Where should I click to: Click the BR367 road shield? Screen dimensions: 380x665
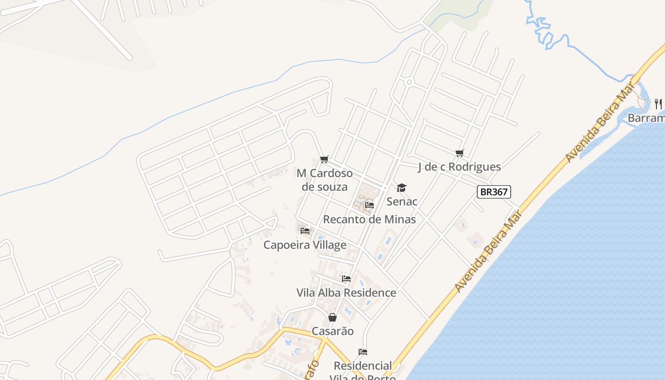pos(494,192)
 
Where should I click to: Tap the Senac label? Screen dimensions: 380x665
pos(402,201)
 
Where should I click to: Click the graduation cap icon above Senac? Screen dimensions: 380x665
pos(402,188)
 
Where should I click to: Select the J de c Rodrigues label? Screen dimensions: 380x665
pos(459,167)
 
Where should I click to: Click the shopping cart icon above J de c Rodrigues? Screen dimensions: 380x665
pos(459,153)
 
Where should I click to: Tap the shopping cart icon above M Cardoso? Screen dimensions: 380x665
pos(324,159)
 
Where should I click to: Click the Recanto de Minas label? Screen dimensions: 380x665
pos(370,219)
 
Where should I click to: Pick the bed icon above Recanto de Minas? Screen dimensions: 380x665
pos(370,205)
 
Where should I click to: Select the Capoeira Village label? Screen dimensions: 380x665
pos(305,245)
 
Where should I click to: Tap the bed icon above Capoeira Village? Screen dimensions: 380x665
pos(305,231)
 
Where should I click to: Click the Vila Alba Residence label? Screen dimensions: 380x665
pos(346,293)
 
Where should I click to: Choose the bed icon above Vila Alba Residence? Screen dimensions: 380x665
pos(346,279)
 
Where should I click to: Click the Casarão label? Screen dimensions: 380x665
pos(332,331)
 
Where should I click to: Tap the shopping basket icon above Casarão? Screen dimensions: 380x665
pos(332,317)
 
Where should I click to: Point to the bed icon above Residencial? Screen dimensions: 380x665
pos(363,352)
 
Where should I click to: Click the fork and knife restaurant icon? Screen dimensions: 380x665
pos(658,103)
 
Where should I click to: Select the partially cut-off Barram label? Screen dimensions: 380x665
pos(646,118)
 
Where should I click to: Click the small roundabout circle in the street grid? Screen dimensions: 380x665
pos(409,82)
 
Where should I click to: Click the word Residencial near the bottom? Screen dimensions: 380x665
pos(363,366)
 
